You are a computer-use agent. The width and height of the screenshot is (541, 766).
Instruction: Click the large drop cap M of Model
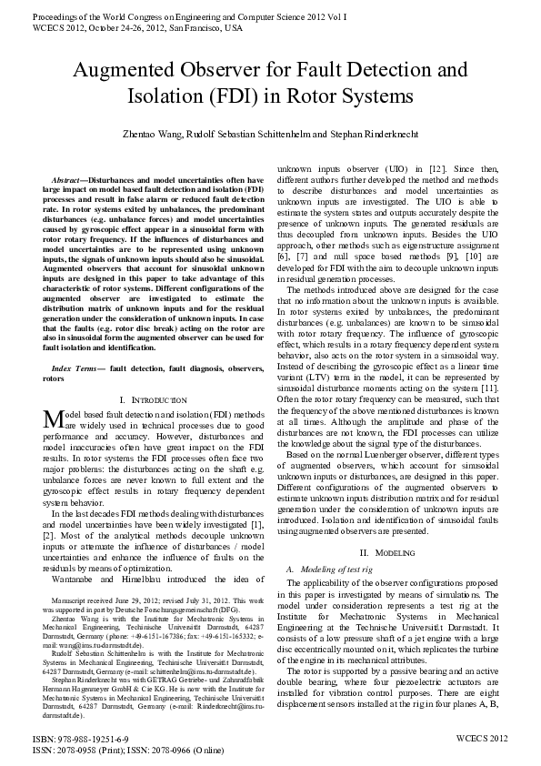[51, 419]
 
